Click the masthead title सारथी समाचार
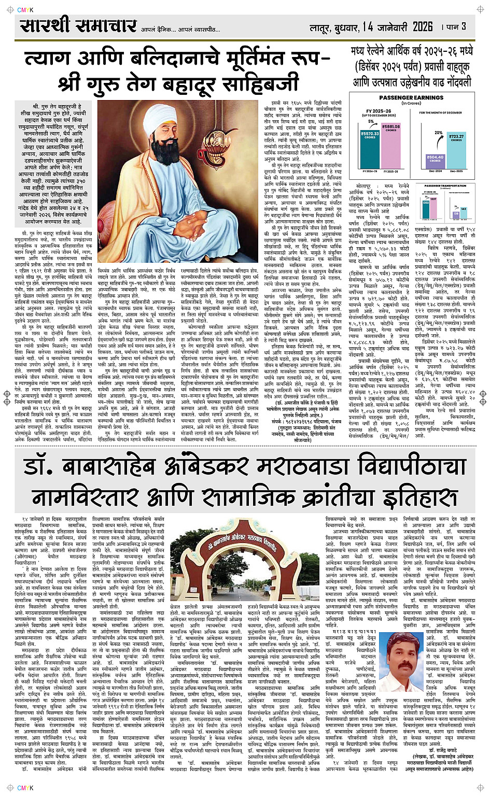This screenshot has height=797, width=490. pos(78,25)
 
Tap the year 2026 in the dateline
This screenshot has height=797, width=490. pos(422,26)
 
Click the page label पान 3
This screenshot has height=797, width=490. pos(456,26)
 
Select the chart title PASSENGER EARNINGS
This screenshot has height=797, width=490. pos(411,97)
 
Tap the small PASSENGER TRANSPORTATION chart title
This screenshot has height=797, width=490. pos(445,186)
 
